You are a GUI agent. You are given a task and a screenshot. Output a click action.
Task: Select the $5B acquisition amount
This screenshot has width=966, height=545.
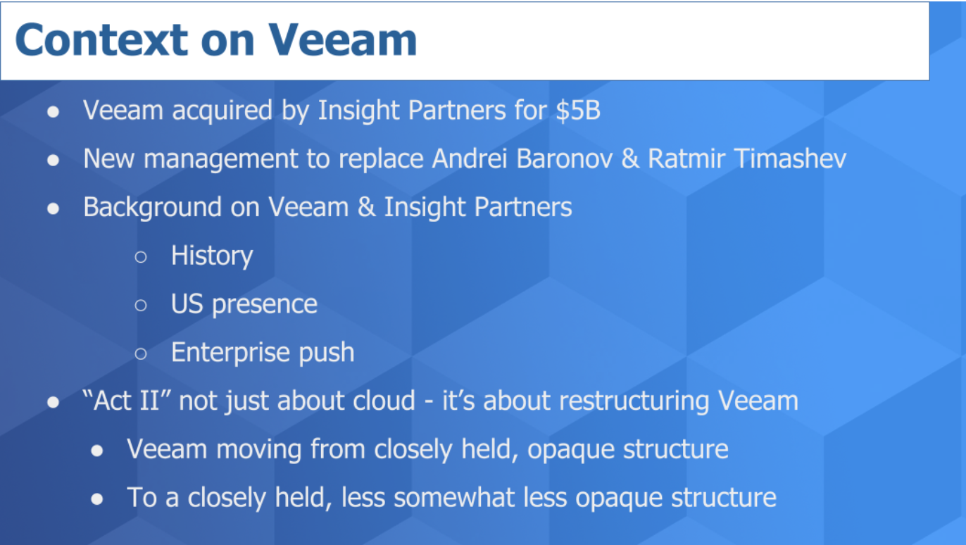coord(577,111)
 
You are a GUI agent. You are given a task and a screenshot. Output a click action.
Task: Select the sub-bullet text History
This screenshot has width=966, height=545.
coord(211,256)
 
